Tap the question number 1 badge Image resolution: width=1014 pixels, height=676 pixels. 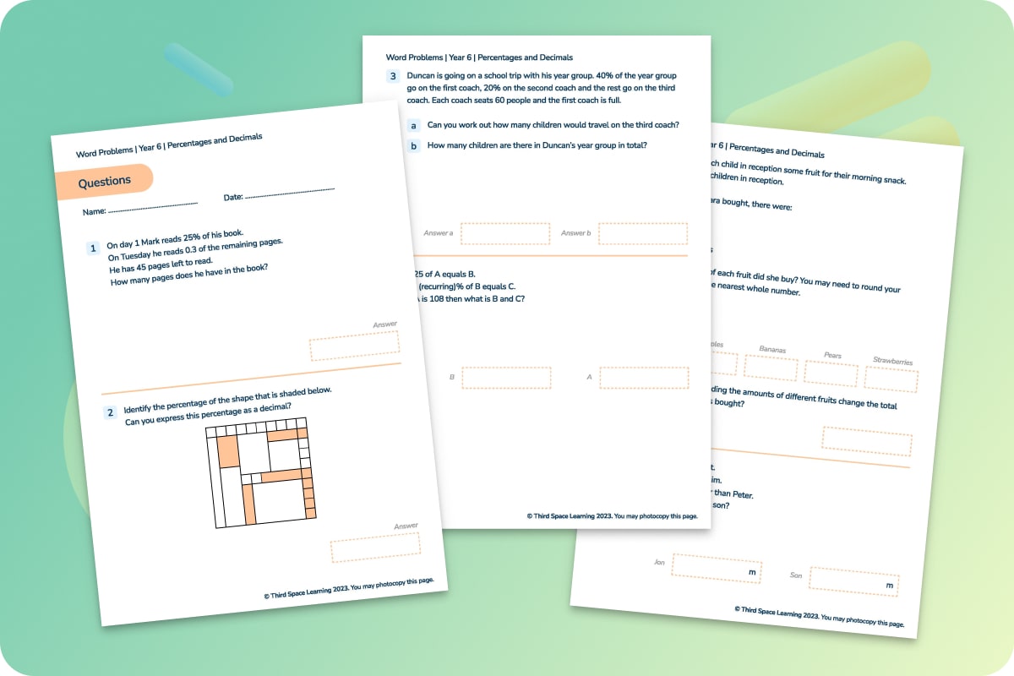pos(94,248)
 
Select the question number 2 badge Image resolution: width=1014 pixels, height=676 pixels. pos(110,413)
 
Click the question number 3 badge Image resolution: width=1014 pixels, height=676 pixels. pos(393,76)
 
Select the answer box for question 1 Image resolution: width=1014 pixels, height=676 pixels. pos(354,345)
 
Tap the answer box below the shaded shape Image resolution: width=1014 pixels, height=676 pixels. pos(375,547)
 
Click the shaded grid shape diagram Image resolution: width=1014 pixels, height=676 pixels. pos(259,473)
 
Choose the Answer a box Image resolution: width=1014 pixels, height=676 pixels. pos(504,233)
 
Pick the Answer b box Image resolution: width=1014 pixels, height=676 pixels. pos(643,233)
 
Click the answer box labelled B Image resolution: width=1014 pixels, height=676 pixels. pos(506,378)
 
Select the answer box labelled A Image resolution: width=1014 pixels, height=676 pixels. pos(644,378)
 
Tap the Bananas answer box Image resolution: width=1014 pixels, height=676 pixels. pos(771,368)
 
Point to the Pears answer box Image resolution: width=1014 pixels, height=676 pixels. pos(831,373)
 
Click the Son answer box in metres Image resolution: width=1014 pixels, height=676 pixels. pos(853,581)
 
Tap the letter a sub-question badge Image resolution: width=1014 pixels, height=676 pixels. pos(413,125)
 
